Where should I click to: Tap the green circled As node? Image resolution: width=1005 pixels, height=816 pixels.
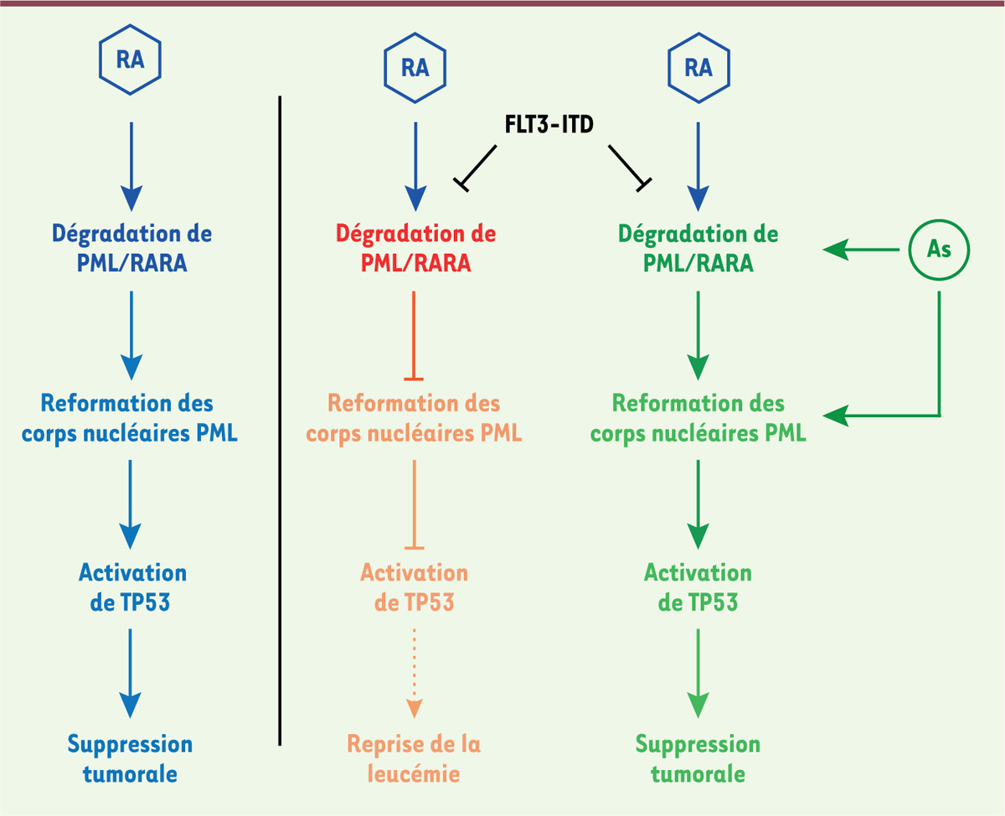click(939, 249)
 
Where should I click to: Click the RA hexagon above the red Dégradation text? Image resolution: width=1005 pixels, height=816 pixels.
click(415, 68)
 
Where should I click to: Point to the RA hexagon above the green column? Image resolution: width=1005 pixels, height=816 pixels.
click(698, 68)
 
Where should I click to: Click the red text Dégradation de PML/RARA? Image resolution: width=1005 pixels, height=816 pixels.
click(415, 248)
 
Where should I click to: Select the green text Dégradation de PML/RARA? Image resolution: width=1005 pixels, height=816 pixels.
click(698, 248)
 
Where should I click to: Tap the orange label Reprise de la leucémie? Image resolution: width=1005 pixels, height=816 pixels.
click(415, 758)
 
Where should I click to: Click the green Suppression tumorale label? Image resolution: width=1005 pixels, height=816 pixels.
click(698, 758)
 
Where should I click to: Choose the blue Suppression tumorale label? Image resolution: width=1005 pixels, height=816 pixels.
click(130, 758)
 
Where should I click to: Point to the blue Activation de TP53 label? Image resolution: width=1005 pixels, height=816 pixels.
click(131, 586)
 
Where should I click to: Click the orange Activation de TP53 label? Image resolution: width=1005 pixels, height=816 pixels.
click(415, 586)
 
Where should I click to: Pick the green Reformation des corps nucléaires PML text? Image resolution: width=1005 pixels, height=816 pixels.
click(698, 418)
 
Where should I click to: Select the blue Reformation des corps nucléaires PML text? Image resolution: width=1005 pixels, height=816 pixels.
click(130, 418)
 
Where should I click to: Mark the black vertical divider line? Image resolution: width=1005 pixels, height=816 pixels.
click(280, 419)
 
